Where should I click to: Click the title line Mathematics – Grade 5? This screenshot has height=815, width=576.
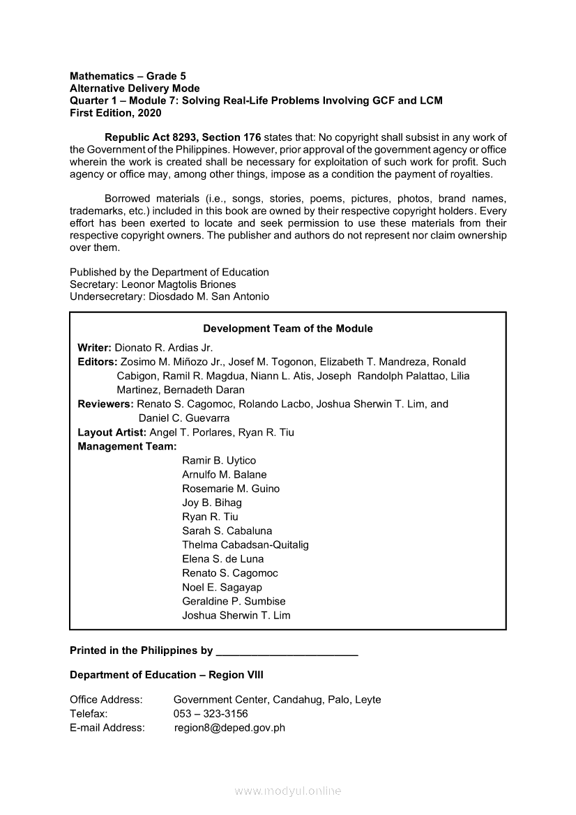[128, 76]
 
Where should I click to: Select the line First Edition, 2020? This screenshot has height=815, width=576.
[115, 113]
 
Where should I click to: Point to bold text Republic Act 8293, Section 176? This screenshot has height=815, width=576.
[183, 137]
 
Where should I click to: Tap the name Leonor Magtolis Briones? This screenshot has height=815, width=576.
[179, 284]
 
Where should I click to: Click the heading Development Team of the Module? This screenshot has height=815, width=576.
[287, 328]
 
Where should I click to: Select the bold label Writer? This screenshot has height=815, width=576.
[94, 347]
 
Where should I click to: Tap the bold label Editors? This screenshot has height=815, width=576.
[98, 362]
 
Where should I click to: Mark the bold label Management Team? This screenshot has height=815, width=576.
[127, 446]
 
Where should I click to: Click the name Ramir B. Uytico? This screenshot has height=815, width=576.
[219, 460]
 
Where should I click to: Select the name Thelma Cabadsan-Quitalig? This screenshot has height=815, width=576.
[245, 544]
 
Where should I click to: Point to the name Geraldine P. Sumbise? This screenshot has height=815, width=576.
[234, 601]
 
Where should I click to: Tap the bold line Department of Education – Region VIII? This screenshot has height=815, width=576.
[167, 675]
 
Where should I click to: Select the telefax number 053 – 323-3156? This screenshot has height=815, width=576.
[211, 713]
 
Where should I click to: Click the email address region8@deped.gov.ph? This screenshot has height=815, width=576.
[229, 728]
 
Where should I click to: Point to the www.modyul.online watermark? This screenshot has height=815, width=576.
[288, 791]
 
